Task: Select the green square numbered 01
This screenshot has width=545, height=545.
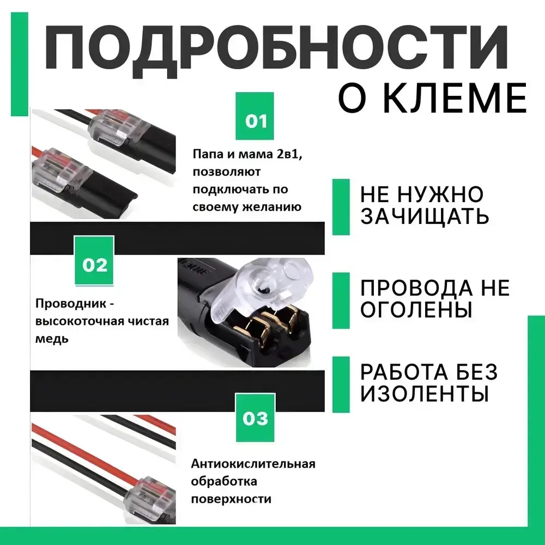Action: (x=256, y=119)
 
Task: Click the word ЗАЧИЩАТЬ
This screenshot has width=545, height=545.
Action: (x=424, y=217)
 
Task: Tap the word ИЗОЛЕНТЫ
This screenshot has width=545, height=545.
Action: (x=424, y=393)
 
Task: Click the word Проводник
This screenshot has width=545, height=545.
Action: (x=70, y=304)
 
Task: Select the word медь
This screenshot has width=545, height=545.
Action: (x=52, y=338)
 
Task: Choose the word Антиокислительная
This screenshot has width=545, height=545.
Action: (x=253, y=464)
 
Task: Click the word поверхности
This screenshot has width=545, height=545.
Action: (x=231, y=499)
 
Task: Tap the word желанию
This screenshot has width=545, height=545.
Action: (x=272, y=207)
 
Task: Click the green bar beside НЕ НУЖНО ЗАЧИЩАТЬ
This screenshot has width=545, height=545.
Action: (x=341, y=207)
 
